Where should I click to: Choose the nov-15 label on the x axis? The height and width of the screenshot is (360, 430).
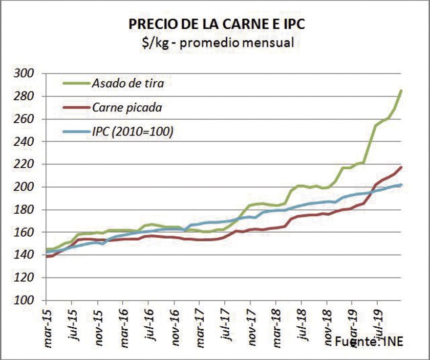coord(99,327)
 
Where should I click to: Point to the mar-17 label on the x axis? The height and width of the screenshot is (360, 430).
coord(200,327)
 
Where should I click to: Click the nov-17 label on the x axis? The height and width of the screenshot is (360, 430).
coord(251,327)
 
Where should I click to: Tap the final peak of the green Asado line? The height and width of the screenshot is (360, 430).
coord(401,91)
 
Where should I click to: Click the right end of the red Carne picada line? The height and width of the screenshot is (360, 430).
coord(401,167)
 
